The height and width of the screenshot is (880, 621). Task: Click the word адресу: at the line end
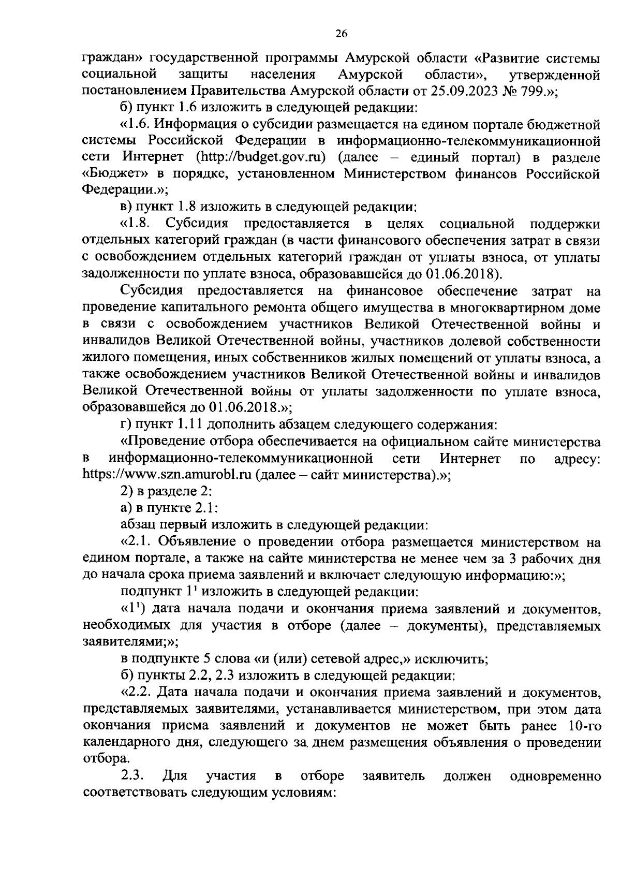[x=576, y=459]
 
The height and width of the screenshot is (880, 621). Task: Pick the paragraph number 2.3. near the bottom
[x=133, y=776]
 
